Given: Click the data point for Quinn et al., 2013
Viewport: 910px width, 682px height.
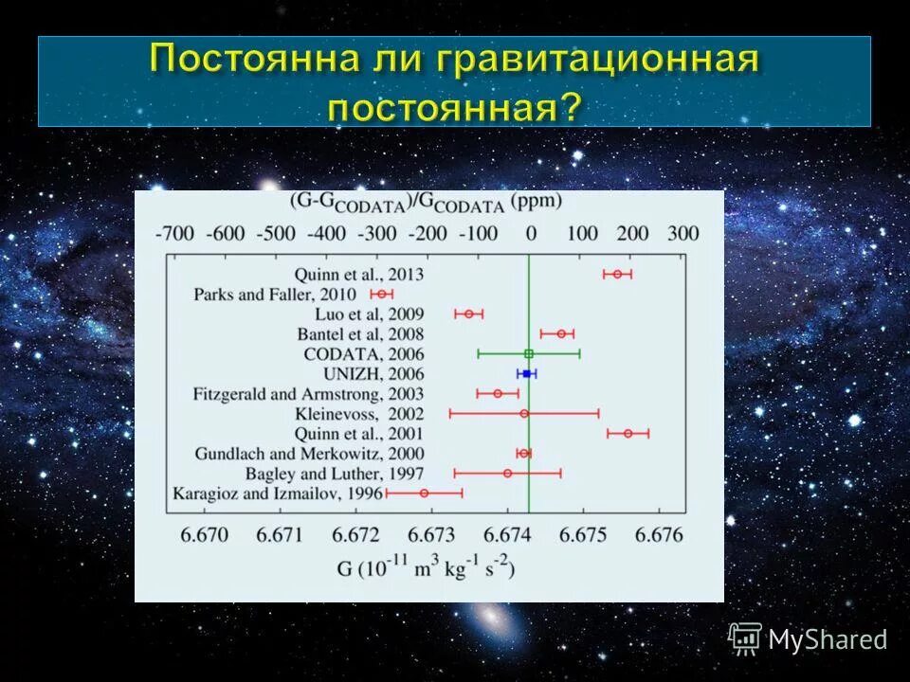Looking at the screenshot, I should pos(617,274).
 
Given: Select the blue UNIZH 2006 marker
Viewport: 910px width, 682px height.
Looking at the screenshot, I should pos(526,374).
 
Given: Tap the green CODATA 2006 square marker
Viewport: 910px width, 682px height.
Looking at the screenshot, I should pos(529,353).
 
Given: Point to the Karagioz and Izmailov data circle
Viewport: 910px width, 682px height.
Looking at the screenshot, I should pos(424,493).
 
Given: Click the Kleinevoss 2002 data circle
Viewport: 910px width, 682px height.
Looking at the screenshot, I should pos(524,413).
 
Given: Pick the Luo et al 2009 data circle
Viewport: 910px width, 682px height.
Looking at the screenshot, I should pos(468,314).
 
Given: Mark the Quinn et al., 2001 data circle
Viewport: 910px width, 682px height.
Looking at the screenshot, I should pos(628,433).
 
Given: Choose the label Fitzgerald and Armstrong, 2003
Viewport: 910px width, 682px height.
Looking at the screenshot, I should pos(308,393).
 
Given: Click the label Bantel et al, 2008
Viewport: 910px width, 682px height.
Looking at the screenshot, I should pos(364,333).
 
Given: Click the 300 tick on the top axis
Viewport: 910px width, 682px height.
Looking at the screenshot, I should pos(682,234).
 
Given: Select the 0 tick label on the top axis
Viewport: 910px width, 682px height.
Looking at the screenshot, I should pos(531,234).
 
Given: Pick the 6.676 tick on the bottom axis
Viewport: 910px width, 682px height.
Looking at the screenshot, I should pos(659,534).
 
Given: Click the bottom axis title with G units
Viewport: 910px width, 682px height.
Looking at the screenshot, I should pos(426,567).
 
